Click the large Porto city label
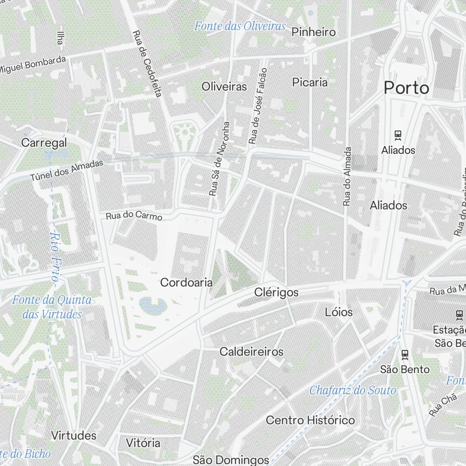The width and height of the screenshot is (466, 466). [406, 88]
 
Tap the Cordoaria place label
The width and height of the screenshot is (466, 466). [186, 282]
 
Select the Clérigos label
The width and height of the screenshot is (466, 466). [276, 293]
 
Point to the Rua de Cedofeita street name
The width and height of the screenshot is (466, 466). [147, 64]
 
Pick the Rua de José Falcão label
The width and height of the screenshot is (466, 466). [258, 106]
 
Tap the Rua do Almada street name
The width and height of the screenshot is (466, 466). [347, 177]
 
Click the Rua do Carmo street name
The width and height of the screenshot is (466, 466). [134, 216]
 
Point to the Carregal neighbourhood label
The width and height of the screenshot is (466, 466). [44, 143]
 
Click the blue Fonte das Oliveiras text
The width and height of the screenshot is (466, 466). [240, 26]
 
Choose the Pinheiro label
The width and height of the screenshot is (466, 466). [314, 32]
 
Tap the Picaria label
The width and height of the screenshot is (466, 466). [310, 82]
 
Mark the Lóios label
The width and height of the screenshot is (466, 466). [339, 312]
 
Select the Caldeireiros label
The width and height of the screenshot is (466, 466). [252, 351]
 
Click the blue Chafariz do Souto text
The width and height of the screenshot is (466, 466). [353, 390]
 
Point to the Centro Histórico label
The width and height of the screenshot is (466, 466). [310, 420]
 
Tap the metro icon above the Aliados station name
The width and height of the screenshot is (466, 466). [398, 136]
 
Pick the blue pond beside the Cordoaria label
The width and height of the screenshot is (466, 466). [153, 306]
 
